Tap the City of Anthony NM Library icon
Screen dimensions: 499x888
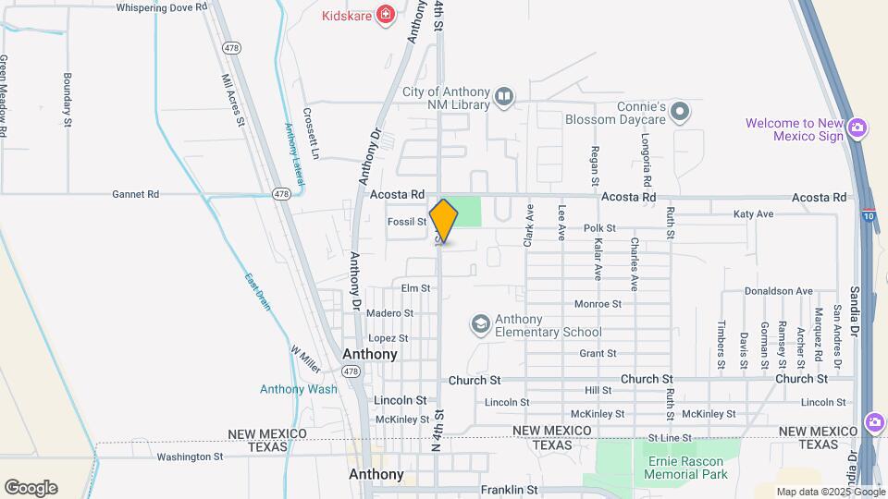[504, 96]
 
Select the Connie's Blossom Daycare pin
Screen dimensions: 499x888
[681, 113]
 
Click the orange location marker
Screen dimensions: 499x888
[444, 221]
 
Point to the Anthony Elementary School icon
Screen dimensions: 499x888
[480, 323]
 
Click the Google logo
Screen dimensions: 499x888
[31, 488]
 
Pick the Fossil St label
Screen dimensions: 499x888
[407, 222]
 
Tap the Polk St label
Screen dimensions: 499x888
[599, 227]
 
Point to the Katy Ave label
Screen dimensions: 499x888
[753, 214]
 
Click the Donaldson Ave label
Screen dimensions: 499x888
[779, 290]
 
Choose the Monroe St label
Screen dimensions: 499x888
[598, 303]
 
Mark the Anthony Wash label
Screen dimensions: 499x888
[298, 389]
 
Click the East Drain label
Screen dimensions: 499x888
[258, 291]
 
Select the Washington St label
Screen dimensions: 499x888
[190, 456]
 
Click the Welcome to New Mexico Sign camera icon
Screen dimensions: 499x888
[857, 128]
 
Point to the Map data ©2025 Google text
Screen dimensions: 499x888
[830, 492]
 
